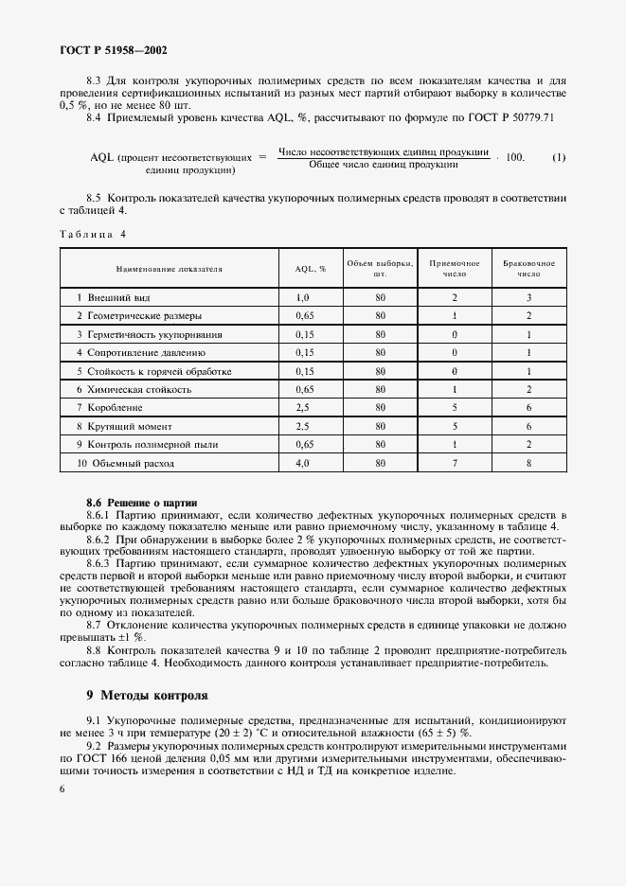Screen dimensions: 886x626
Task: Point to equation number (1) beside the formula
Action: (x=559, y=157)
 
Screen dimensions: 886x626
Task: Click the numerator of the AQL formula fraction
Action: (x=384, y=151)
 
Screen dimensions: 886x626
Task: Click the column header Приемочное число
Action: (x=455, y=269)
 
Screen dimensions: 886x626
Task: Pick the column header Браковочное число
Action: (x=528, y=269)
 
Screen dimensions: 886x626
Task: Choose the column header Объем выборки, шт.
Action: (x=380, y=269)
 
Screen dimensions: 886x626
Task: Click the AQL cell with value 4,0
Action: (x=303, y=463)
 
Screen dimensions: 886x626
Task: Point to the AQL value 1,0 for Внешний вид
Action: (x=303, y=297)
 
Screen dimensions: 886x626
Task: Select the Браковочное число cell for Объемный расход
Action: (x=528, y=463)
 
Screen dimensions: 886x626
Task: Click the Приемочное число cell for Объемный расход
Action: (x=455, y=463)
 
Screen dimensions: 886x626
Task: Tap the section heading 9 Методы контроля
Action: (x=147, y=695)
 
